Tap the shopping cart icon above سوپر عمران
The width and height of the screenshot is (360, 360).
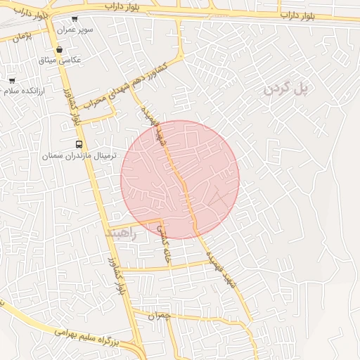pyautogui.click(x=75, y=18)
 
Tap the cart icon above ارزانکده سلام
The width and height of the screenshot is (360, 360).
pyautogui.click(x=11, y=80)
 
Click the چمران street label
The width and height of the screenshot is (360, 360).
pyautogui.click(x=160, y=316)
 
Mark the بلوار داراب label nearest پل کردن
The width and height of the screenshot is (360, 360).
pyautogui.click(x=300, y=14)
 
